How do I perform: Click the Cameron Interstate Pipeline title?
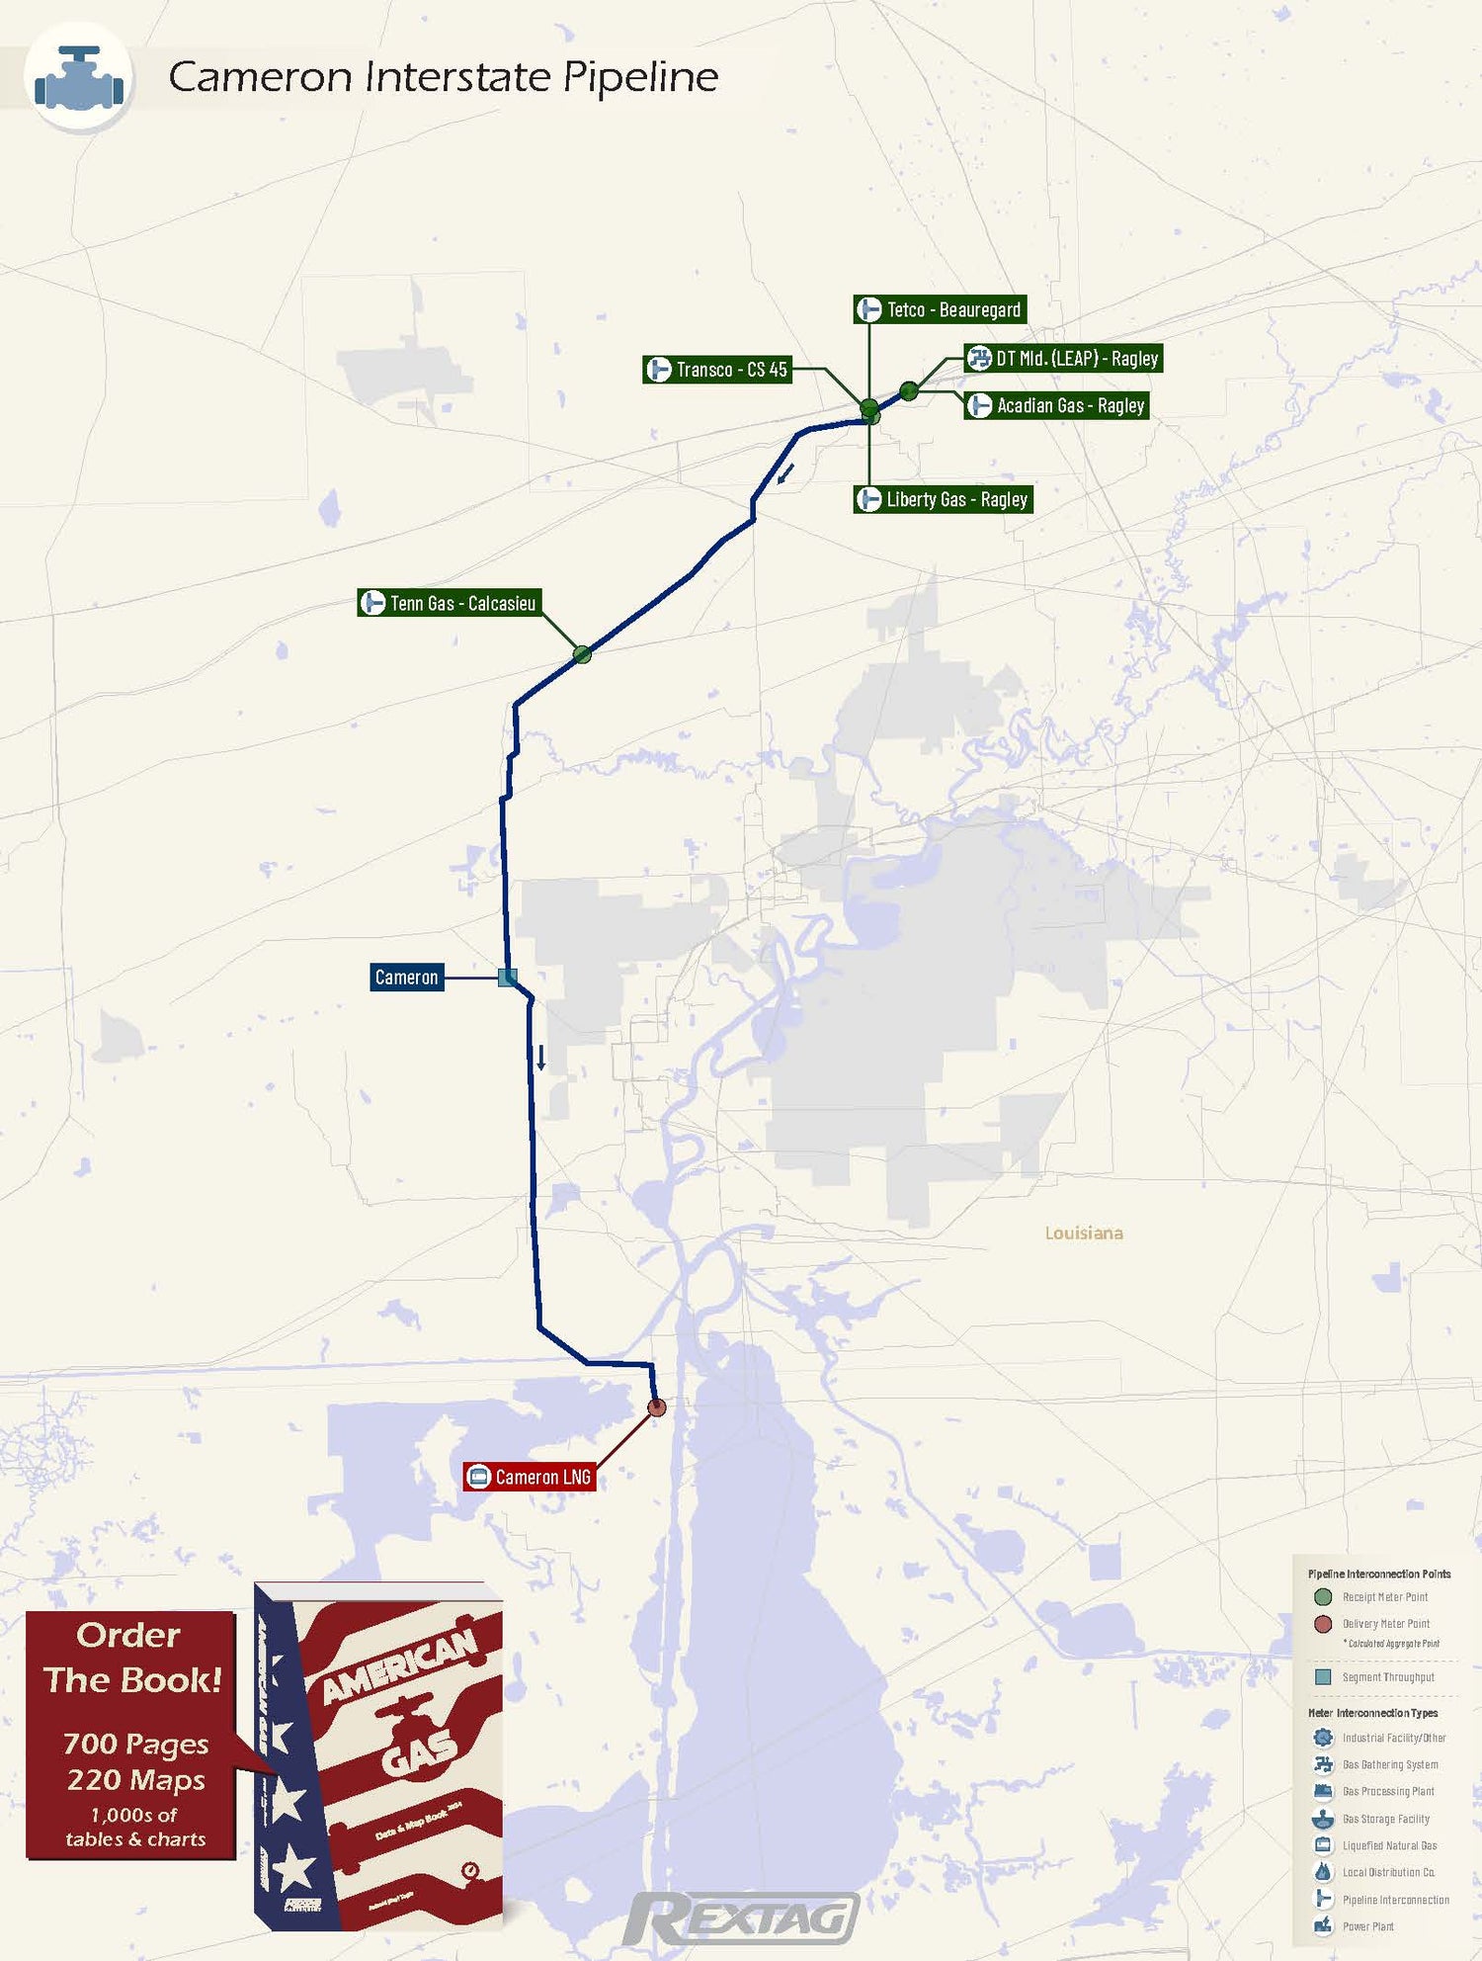443,77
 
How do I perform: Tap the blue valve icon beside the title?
79,78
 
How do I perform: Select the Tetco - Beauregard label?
940,309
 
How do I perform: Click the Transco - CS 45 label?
717,370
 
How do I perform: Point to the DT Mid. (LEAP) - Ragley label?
1063,358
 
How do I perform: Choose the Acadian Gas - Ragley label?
1056,405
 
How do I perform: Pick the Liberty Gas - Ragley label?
943,499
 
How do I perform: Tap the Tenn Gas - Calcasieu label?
450,603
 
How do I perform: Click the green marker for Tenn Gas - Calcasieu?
582,653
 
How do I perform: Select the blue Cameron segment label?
406,978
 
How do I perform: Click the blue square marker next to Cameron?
507,978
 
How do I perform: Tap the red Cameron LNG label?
530,1477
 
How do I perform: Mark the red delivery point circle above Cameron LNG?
656,1407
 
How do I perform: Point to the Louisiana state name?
1084,1233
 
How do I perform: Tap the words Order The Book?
131,1658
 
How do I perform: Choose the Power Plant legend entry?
1367,1926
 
